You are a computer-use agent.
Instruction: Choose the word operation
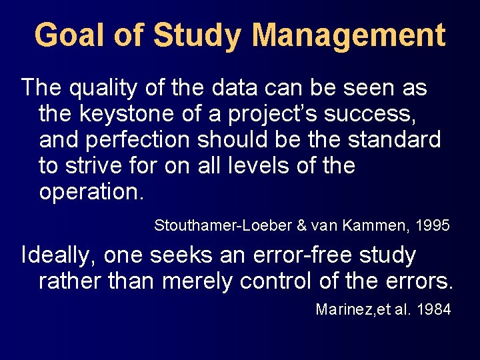pyautogui.click(x=90, y=192)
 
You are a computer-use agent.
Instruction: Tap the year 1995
pyautogui.click(x=433, y=226)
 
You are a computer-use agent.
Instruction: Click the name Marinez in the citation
pyautogui.click(x=341, y=310)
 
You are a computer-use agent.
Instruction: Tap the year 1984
pyautogui.click(x=434, y=310)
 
